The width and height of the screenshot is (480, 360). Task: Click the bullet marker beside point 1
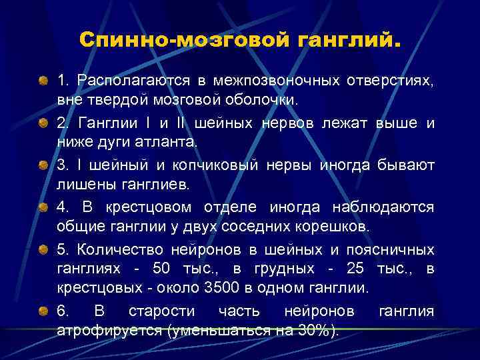coord(43,81)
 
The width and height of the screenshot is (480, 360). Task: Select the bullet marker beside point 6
coord(43,311)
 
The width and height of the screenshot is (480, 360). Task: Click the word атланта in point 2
coord(151,142)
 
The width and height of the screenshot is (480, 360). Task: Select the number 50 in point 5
coord(181,269)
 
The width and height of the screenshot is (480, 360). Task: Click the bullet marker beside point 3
coord(43,164)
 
